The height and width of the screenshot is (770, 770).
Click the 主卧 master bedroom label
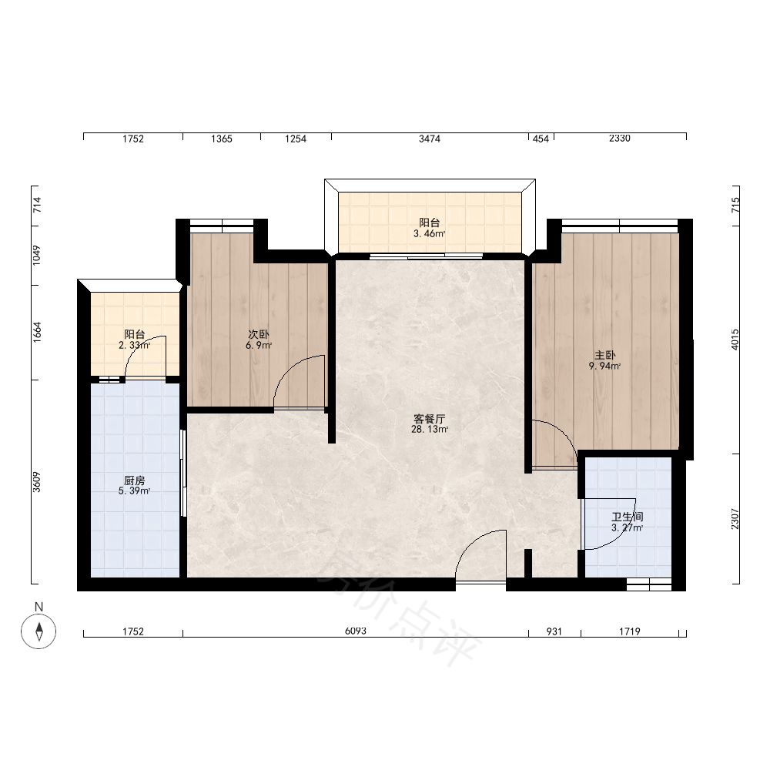[604, 355]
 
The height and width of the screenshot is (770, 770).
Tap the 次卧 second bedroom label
[258, 334]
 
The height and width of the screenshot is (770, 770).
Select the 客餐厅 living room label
[429, 419]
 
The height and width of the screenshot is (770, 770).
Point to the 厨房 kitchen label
[134, 480]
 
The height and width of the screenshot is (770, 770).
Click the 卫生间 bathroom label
[627, 517]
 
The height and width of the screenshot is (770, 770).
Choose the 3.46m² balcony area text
[429, 234]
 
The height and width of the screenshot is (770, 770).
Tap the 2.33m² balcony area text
[134, 345]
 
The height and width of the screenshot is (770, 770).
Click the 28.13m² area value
[429, 429]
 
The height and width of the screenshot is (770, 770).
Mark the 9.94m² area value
[604, 366]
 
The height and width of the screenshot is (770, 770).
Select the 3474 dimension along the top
[429, 139]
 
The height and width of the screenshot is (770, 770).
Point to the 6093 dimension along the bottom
[356, 631]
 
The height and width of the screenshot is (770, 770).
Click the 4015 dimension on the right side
[735, 340]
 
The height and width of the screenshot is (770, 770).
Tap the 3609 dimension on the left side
[37, 482]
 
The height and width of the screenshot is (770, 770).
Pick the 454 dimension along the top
[541, 139]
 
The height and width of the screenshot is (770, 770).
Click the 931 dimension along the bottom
[554, 631]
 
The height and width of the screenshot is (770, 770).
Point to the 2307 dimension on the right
[735, 518]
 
